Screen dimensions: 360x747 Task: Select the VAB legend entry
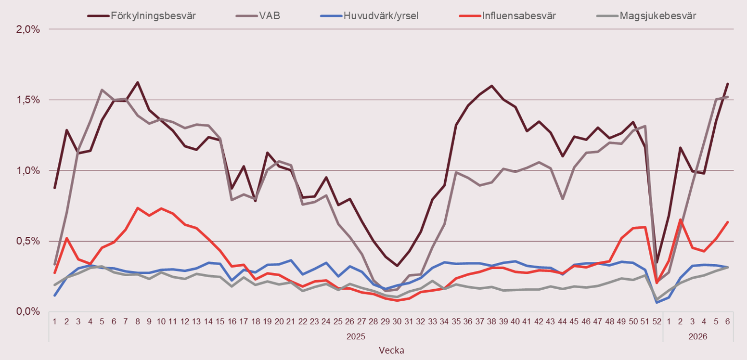click(x=270, y=15)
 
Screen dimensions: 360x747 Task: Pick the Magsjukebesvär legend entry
click(x=658, y=15)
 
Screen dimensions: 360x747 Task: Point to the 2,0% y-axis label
click(x=28, y=29)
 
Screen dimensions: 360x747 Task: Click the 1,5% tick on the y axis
click(x=28, y=100)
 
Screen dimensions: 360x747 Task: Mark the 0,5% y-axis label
click(x=28, y=241)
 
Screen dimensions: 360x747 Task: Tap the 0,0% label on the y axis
click(x=28, y=311)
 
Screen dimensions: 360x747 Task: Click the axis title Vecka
click(x=391, y=350)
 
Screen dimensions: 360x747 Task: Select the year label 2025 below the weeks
click(x=356, y=336)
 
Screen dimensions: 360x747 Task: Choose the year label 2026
click(x=698, y=336)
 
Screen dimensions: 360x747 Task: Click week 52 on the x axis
click(x=657, y=321)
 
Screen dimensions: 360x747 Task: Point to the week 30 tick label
click(x=397, y=321)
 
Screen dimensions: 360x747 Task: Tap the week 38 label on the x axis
click(x=491, y=321)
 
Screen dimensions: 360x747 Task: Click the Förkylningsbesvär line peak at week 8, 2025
click(x=137, y=82)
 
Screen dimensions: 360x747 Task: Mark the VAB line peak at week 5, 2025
click(x=102, y=90)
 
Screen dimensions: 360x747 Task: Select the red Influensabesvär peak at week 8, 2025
click(x=137, y=208)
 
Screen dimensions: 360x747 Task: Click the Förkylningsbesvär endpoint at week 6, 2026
click(x=727, y=84)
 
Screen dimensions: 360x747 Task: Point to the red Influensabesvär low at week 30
click(x=397, y=300)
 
